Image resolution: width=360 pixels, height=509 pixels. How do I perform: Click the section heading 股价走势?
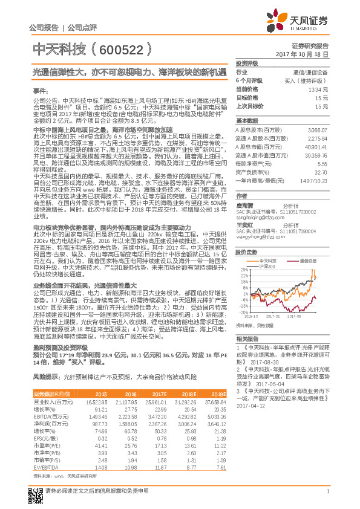tap(245, 251)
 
